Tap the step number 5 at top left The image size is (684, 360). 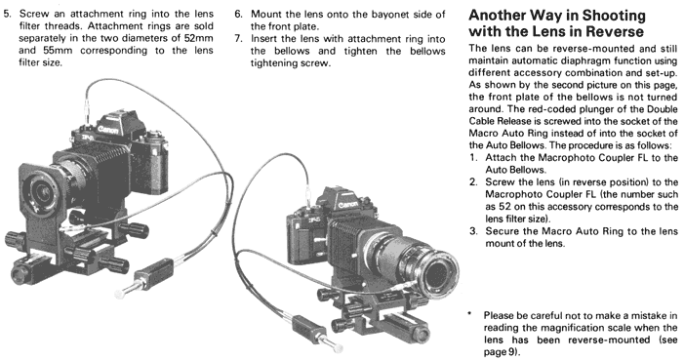tap(6, 14)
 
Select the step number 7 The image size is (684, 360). tap(237, 39)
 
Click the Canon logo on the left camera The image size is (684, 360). tap(107, 129)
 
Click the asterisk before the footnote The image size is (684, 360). tap(469, 314)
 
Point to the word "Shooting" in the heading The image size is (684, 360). tap(614, 17)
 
